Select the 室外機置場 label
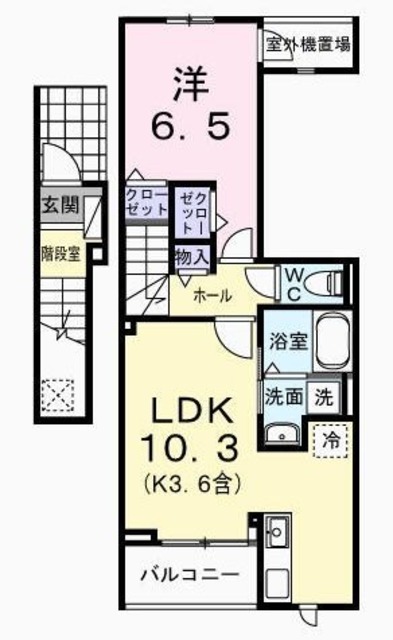308,43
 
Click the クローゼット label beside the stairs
146,203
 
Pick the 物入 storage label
191,257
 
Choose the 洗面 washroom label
283,396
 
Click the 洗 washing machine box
324,395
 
